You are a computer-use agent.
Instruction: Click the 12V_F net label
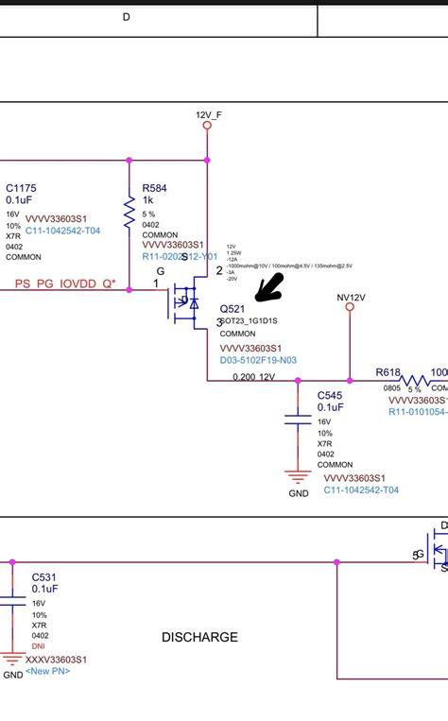coord(208,114)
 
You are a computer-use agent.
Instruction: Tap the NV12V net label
coord(351,296)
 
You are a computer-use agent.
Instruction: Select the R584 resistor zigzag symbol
coord(129,209)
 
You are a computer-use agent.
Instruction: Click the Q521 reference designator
coord(233,309)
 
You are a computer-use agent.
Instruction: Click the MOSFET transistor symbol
coord(185,302)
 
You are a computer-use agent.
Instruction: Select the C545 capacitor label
coord(330,395)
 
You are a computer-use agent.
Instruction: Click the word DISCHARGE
coord(199,637)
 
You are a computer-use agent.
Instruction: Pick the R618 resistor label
coord(388,372)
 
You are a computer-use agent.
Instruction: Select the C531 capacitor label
coord(44,575)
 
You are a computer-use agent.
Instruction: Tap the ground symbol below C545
coord(299,478)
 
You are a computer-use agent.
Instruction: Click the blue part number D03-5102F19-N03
coord(258,360)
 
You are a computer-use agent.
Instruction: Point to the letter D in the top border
coord(127,17)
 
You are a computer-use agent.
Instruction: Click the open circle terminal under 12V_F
coord(208,125)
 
